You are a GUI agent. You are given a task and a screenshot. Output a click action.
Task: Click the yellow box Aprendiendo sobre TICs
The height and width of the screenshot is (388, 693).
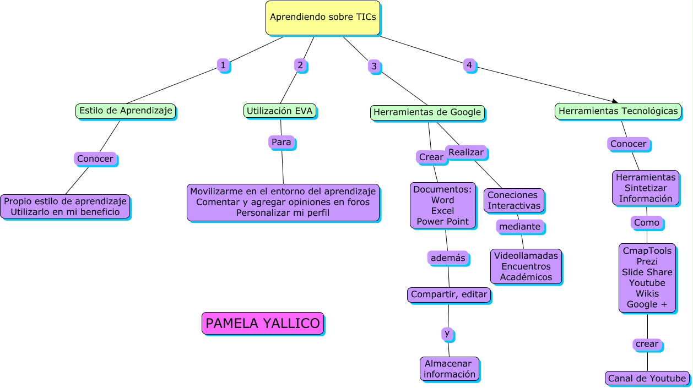[x=323, y=18]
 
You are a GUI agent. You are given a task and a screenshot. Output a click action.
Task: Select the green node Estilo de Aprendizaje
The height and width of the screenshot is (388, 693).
[x=126, y=111]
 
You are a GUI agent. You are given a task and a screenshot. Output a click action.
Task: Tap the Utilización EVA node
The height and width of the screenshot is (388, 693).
[x=280, y=111]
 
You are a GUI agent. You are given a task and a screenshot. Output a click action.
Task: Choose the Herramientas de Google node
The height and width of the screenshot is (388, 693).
[x=427, y=113]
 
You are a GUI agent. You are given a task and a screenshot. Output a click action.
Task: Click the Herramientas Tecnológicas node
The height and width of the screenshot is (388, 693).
[x=618, y=111]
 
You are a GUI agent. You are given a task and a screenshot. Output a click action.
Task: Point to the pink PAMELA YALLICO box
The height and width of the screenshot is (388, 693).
[x=262, y=323]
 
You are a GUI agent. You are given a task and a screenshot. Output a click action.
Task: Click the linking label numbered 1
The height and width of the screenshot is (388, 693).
[x=223, y=65]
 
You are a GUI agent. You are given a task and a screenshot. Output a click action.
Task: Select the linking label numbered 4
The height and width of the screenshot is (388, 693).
[x=469, y=65]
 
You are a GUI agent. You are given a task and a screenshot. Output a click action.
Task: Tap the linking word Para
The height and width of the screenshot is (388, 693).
[x=281, y=142]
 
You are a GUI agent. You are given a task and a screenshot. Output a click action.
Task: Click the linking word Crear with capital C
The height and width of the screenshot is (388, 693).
[x=431, y=157]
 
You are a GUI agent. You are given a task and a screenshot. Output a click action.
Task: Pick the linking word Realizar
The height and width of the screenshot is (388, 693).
[x=465, y=152]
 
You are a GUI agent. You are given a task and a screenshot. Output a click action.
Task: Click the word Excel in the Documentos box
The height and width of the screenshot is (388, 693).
[x=443, y=211]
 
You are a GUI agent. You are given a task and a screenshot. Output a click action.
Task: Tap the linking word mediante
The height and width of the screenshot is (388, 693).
[x=519, y=226]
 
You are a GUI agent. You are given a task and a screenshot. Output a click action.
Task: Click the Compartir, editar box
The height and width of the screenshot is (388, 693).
[x=449, y=294]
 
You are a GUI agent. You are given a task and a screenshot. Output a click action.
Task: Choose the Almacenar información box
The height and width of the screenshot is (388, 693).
[x=450, y=369]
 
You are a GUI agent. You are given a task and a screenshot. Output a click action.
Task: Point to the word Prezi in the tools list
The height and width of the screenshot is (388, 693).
[x=647, y=261]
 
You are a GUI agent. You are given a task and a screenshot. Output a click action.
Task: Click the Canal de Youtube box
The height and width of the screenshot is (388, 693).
[x=647, y=378]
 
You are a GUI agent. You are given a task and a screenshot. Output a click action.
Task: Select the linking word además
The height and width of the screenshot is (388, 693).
[x=448, y=258]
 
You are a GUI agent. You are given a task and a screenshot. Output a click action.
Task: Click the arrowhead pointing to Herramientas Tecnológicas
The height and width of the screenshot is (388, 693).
[x=615, y=101]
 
